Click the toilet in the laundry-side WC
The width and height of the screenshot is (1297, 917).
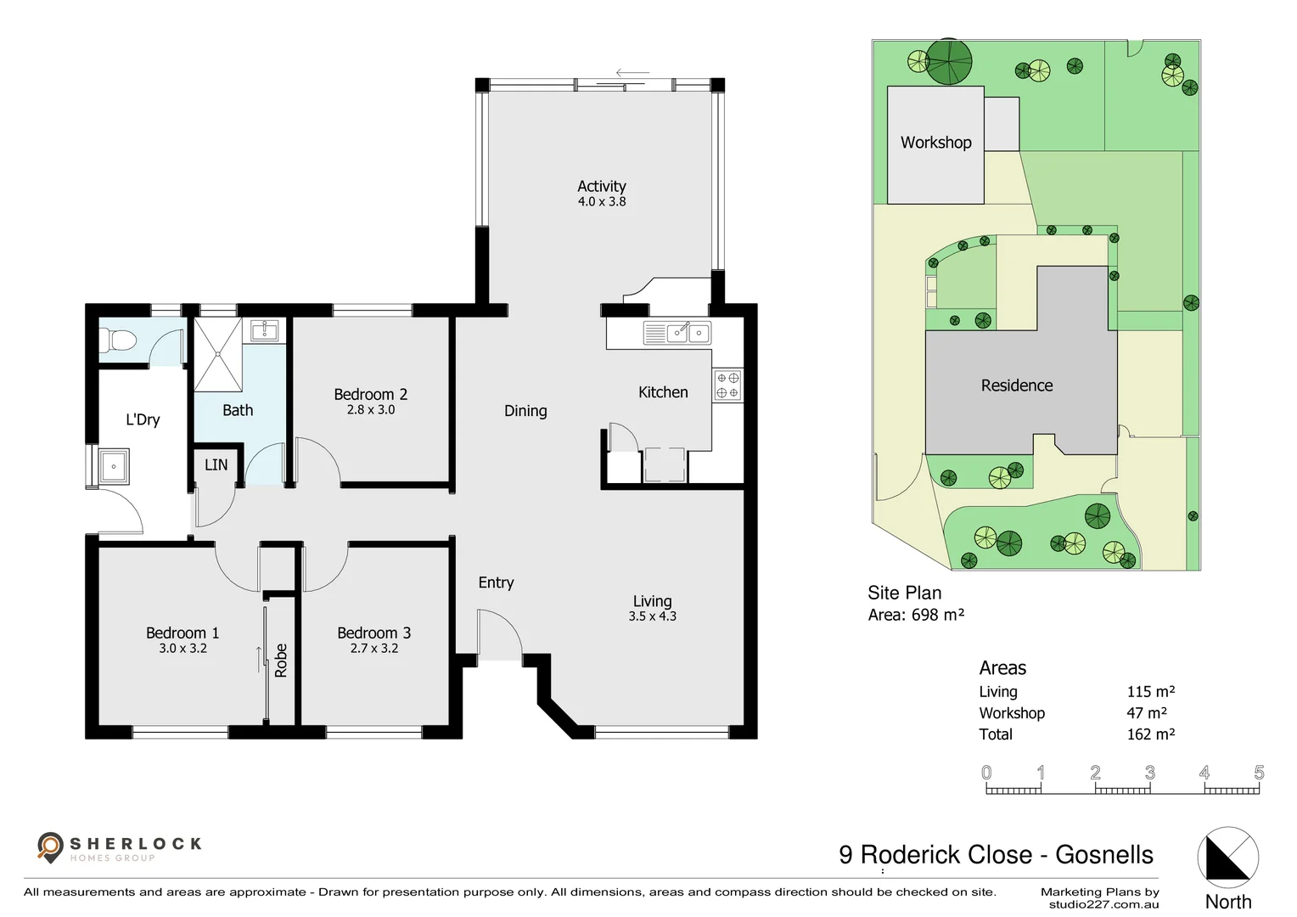click(118, 341)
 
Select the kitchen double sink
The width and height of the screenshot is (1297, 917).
click(688, 332)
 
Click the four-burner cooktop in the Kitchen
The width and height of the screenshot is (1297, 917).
click(727, 385)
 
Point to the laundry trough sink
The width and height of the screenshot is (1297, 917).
click(114, 466)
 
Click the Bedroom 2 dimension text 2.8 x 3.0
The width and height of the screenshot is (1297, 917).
click(371, 410)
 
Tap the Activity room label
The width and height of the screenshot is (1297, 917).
click(601, 186)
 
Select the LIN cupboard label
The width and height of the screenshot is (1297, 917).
click(216, 464)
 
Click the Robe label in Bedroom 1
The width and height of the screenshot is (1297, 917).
click(281, 661)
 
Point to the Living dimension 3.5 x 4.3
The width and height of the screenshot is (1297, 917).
click(652, 616)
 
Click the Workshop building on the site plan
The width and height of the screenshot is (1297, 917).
click(935, 144)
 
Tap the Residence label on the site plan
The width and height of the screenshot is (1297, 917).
click(1016, 385)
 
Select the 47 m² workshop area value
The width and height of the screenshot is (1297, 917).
click(1146, 713)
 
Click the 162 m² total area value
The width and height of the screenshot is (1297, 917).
click(1150, 734)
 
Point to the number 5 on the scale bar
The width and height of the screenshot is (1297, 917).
click(1258, 773)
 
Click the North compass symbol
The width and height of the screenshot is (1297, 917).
click(1227, 858)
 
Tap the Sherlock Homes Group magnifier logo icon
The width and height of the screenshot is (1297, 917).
click(50, 846)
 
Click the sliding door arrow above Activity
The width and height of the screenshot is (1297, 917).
click(632, 74)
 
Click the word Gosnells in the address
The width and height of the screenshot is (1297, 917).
click(1103, 854)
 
